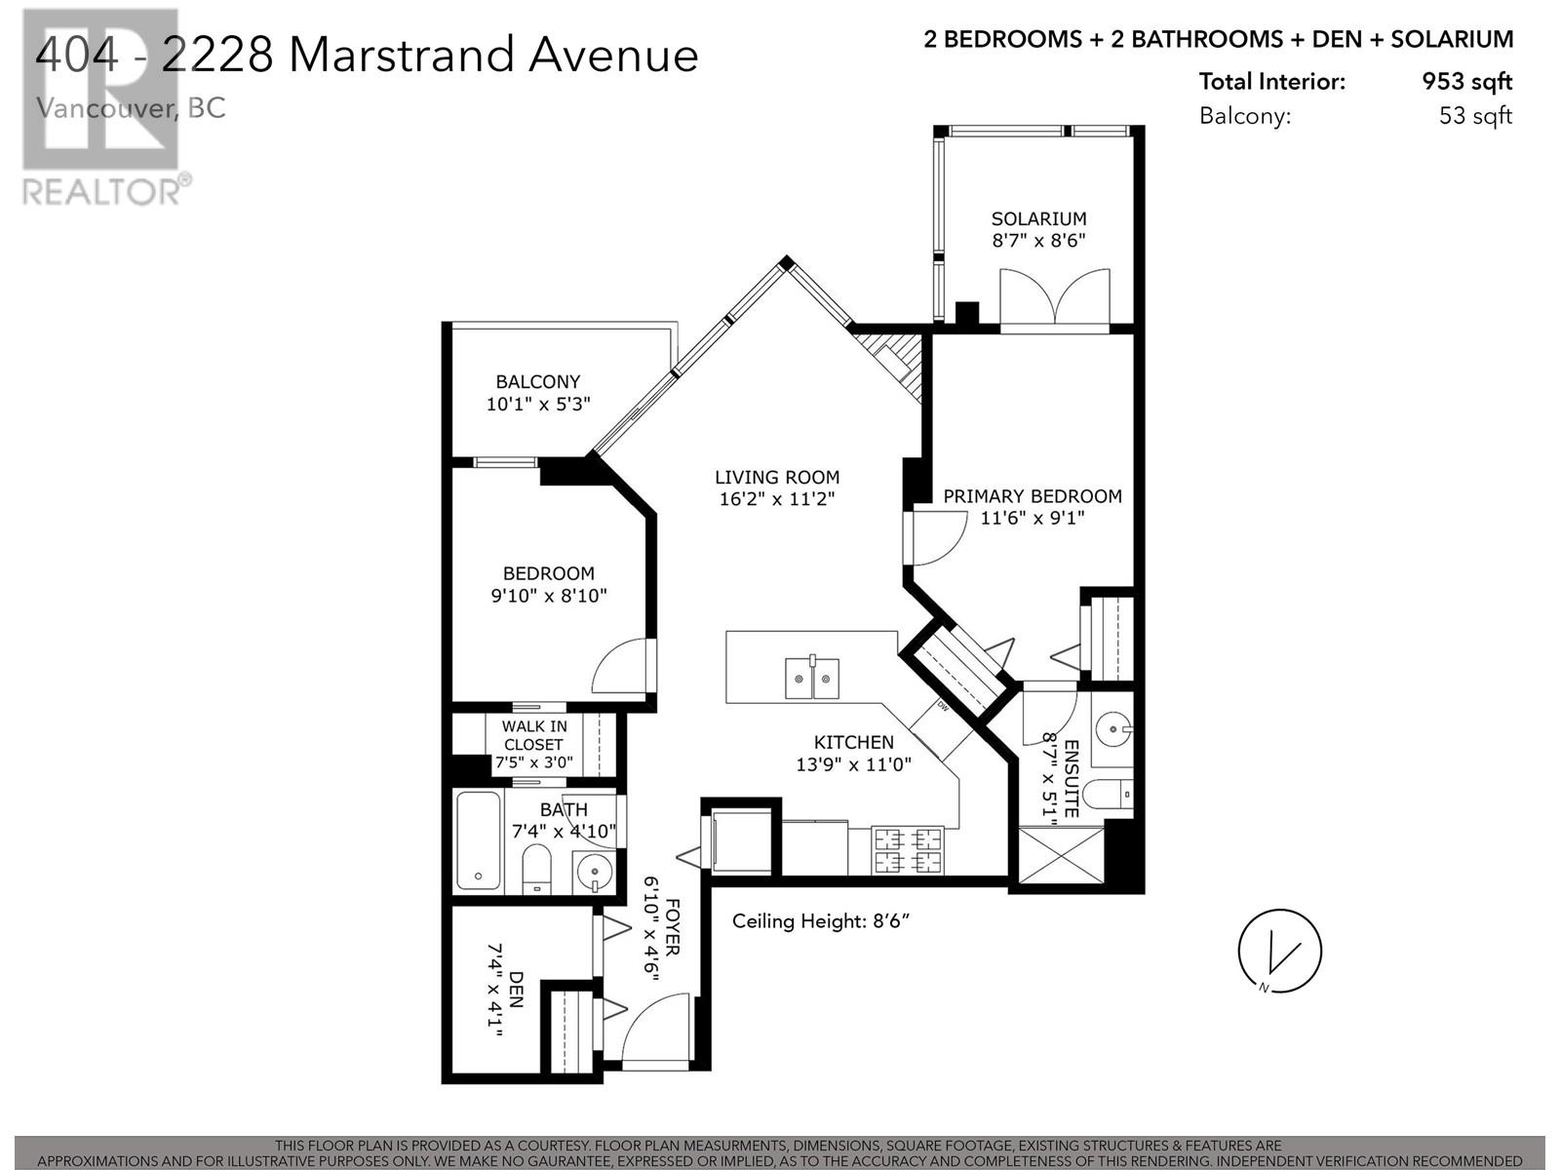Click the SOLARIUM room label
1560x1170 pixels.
click(x=1038, y=218)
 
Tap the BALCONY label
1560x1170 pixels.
click(x=537, y=381)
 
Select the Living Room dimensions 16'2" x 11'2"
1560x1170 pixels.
click(x=777, y=499)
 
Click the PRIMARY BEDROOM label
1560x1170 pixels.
click(x=1032, y=495)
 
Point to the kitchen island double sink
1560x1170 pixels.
click(x=811, y=679)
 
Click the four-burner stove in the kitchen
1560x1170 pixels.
click(x=908, y=849)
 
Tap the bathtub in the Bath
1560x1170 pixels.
click(x=478, y=840)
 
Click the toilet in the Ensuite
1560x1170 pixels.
click(x=1110, y=796)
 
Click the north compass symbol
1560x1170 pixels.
click(x=1279, y=952)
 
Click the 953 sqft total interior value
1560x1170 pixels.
click(x=1466, y=81)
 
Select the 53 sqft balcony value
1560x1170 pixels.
click(x=1475, y=116)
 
